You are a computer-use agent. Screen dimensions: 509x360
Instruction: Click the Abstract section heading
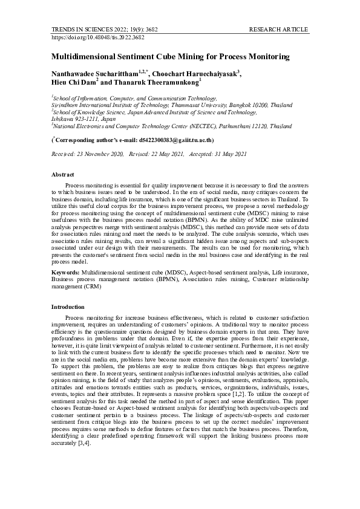(x=63, y=173)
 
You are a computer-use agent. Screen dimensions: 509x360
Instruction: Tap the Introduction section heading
(x=68, y=307)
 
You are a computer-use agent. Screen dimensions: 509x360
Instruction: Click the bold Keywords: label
(x=65, y=273)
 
